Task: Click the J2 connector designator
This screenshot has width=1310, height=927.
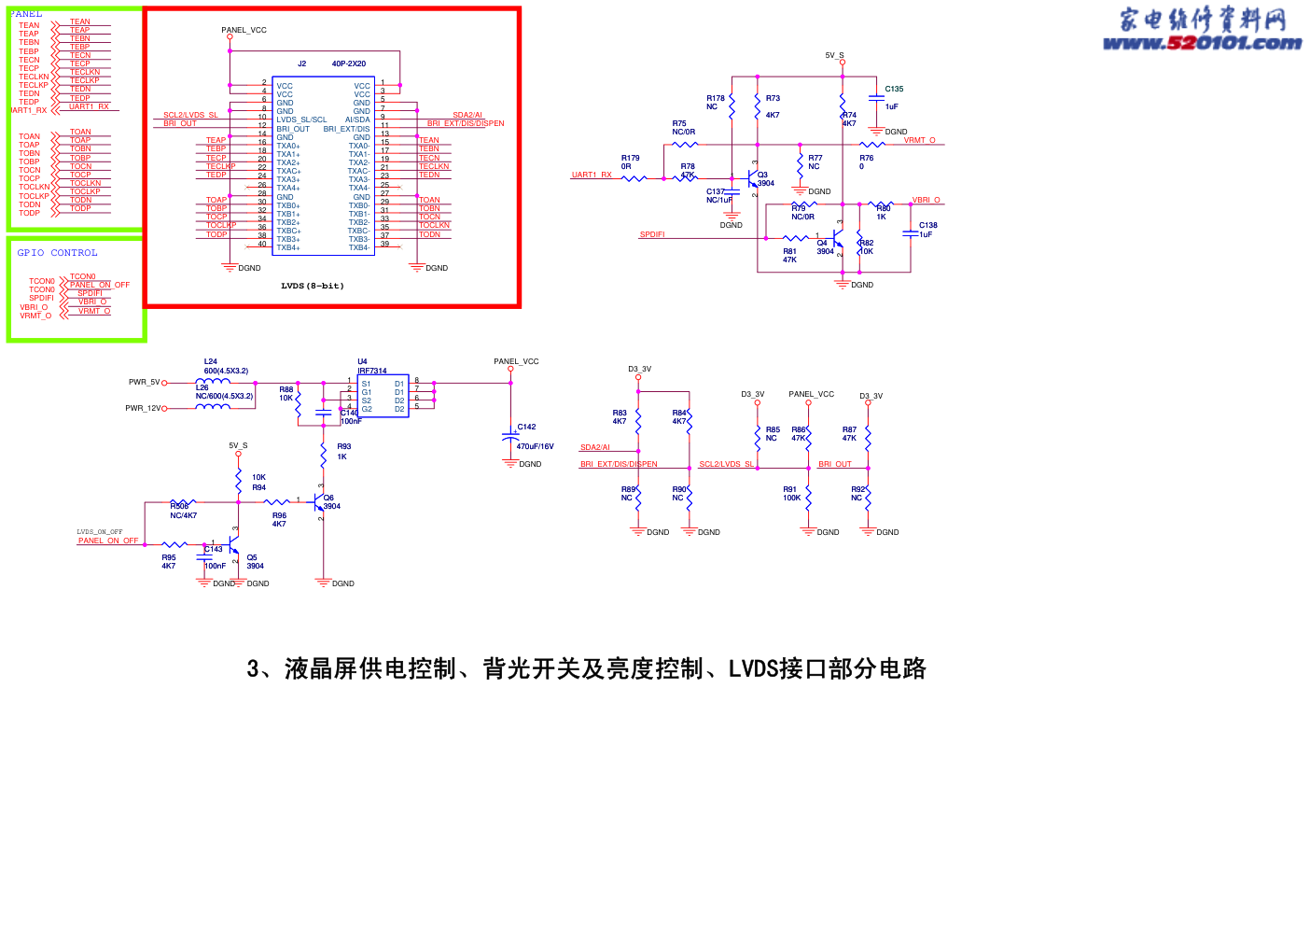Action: coord(301,63)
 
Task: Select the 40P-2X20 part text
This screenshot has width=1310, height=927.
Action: coord(348,63)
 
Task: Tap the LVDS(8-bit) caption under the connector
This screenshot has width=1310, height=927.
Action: coord(312,286)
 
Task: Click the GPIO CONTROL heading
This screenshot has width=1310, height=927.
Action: coord(57,253)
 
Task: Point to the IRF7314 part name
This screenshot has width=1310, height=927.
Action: coord(371,371)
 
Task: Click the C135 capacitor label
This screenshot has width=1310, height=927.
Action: coord(894,90)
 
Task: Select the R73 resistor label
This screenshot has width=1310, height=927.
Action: coord(773,98)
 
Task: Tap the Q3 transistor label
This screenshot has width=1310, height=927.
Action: coord(762,175)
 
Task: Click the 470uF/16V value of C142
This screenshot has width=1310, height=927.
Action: coord(535,446)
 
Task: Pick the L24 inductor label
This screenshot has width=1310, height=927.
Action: coord(210,361)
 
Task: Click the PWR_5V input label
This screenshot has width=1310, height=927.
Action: coord(144,382)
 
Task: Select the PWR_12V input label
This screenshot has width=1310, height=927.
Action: coord(143,408)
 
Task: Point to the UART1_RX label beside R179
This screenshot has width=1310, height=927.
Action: coord(592,175)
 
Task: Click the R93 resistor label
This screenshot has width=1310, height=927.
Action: coord(343,447)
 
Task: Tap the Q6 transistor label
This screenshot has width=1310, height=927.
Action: coord(328,498)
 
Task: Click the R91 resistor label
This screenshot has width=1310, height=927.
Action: coord(789,489)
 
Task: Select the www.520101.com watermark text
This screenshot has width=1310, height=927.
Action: coord(1202,43)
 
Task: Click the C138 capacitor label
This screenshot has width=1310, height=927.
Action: coord(927,225)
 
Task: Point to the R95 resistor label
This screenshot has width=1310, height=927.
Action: coord(168,557)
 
